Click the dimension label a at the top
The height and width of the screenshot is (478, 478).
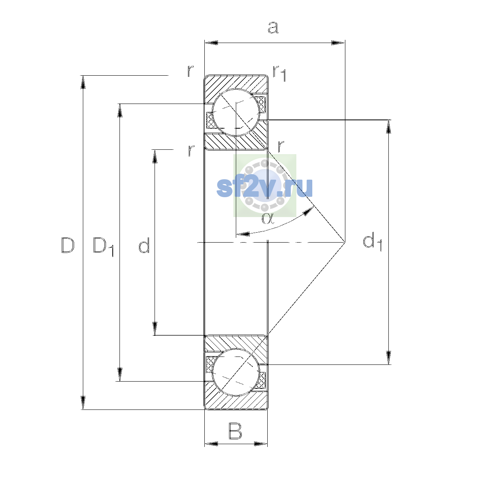click(x=273, y=27)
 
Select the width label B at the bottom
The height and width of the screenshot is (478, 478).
click(x=235, y=431)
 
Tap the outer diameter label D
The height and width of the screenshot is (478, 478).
click(x=67, y=245)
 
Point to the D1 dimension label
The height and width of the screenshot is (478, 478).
click(x=103, y=247)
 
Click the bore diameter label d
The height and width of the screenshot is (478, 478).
click(x=144, y=245)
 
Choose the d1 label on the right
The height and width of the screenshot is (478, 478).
click(x=372, y=241)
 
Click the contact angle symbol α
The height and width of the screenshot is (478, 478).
click(x=268, y=219)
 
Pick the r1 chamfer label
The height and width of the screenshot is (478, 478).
click(x=279, y=73)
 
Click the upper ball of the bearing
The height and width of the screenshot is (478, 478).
click(x=236, y=112)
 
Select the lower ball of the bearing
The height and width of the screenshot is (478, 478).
click(x=236, y=372)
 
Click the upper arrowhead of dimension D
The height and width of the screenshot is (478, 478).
click(x=83, y=82)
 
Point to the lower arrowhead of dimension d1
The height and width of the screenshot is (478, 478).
click(x=388, y=358)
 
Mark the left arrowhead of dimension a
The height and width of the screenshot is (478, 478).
click(x=211, y=43)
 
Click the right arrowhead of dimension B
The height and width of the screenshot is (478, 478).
click(x=261, y=444)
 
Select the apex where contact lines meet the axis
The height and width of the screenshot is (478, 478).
click(x=345, y=242)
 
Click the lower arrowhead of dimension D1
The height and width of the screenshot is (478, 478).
click(x=120, y=374)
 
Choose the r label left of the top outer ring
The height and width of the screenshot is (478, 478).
click(x=190, y=71)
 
